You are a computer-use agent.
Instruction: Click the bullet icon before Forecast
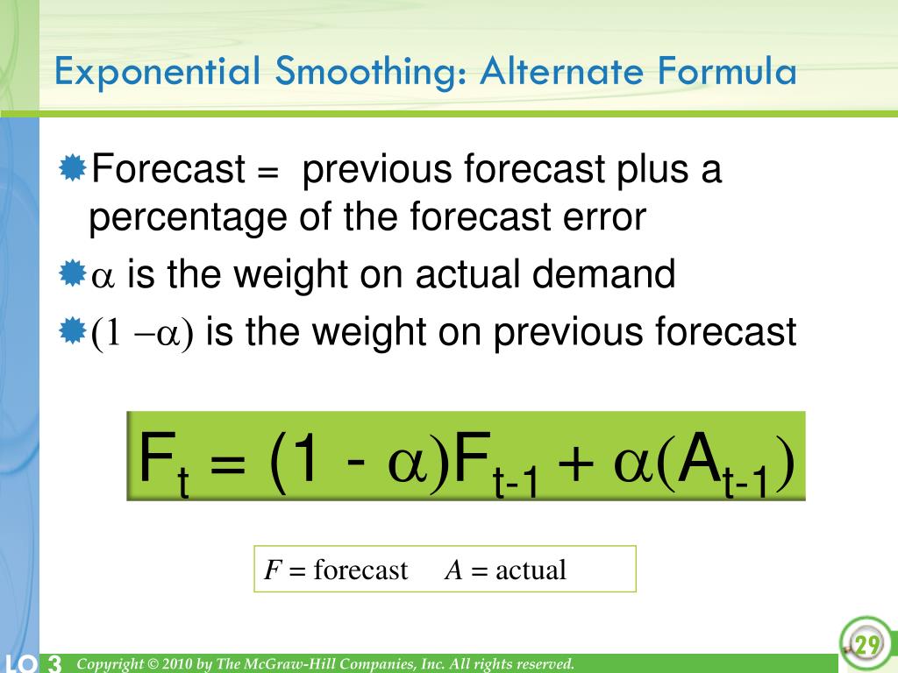coord(74,166)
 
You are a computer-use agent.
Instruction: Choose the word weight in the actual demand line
coord(282,275)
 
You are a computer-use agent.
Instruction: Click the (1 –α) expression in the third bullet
coord(143,334)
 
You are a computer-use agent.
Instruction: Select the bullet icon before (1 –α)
coord(74,331)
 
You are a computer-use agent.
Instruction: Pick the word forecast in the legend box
coord(360,570)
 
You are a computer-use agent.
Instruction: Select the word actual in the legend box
coord(531,570)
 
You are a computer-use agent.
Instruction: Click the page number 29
coord(866,646)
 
